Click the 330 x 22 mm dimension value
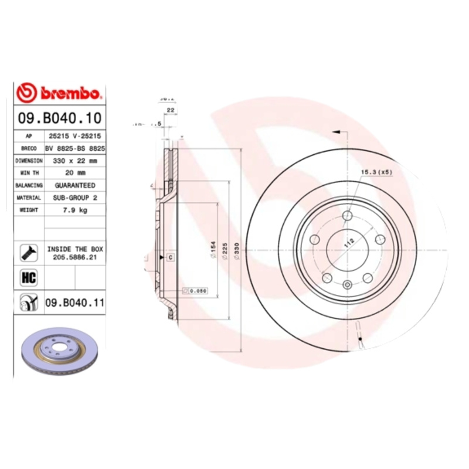tap(75, 160)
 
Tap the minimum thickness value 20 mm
tap(75, 172)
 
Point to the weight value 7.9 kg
tap(75, 210)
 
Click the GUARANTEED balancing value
tap(75, 185)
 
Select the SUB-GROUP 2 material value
tap(75, 198)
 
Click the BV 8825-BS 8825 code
tap(75, 148)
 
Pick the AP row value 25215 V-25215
tap(75, 135)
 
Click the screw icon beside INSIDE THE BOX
tap(29, 252)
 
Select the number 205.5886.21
tap(75, 257)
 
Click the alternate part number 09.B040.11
tap(74, 303)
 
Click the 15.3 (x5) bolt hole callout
tap(376, 172)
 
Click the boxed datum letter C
tap(170, 257)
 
